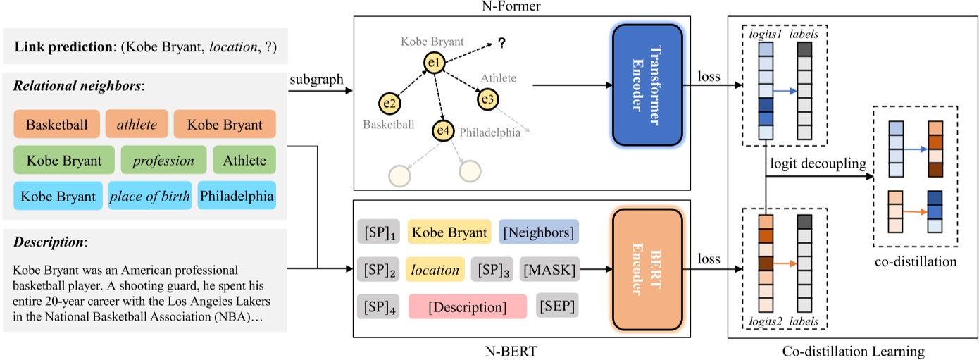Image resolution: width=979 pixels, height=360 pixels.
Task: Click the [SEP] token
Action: [557, 306]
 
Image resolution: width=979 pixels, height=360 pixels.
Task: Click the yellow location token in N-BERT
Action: [434, 269]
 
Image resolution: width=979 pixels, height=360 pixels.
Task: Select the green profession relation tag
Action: [163, 160]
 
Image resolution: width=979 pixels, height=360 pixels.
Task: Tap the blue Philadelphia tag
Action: [236, 196]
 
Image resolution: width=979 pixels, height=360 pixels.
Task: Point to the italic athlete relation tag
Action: [137, 125]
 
